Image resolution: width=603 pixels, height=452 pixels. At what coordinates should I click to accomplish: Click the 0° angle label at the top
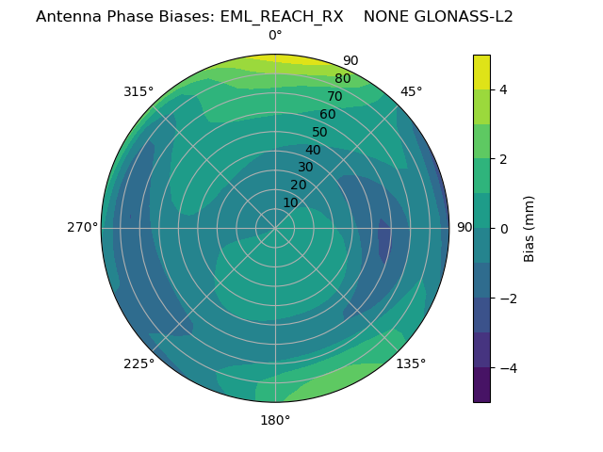[x=275, y=36]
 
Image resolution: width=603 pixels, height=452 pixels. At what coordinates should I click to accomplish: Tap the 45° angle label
[x=411, y=91]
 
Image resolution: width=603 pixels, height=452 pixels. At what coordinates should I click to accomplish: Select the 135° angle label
[x=411, y=363]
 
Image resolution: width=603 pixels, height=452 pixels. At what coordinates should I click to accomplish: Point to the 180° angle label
[x=275, y=420]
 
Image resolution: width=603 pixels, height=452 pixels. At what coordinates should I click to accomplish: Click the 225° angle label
[x=139, y=363]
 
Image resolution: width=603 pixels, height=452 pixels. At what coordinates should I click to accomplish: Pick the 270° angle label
[x=82, y=227]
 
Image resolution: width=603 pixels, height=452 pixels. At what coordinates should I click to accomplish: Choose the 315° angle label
[x=139, y=91]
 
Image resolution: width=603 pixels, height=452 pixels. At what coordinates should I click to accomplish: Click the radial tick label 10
[x=290, y=202]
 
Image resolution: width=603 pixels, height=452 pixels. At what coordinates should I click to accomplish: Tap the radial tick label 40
[x=313, y=150]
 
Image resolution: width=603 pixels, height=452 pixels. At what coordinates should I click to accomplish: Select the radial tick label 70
[x=334, y=96]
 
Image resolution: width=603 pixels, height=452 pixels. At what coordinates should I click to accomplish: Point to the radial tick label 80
[x=342, y=78]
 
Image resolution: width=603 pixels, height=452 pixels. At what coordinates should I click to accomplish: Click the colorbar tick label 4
[x=503, y=89]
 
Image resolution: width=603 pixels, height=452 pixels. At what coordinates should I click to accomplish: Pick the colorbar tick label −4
[x=507, y=367]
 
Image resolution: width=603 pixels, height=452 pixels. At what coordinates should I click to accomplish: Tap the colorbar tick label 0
[x=503, y=228]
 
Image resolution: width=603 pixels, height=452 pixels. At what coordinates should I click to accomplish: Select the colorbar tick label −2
[x=507, y=298]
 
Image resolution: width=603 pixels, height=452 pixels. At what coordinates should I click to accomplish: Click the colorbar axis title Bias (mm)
[x=530, y=228]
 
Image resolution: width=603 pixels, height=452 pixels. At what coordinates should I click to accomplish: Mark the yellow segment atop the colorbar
[x=481, y=73]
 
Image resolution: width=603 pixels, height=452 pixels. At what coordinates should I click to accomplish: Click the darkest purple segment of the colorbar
[x=481, y=384]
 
